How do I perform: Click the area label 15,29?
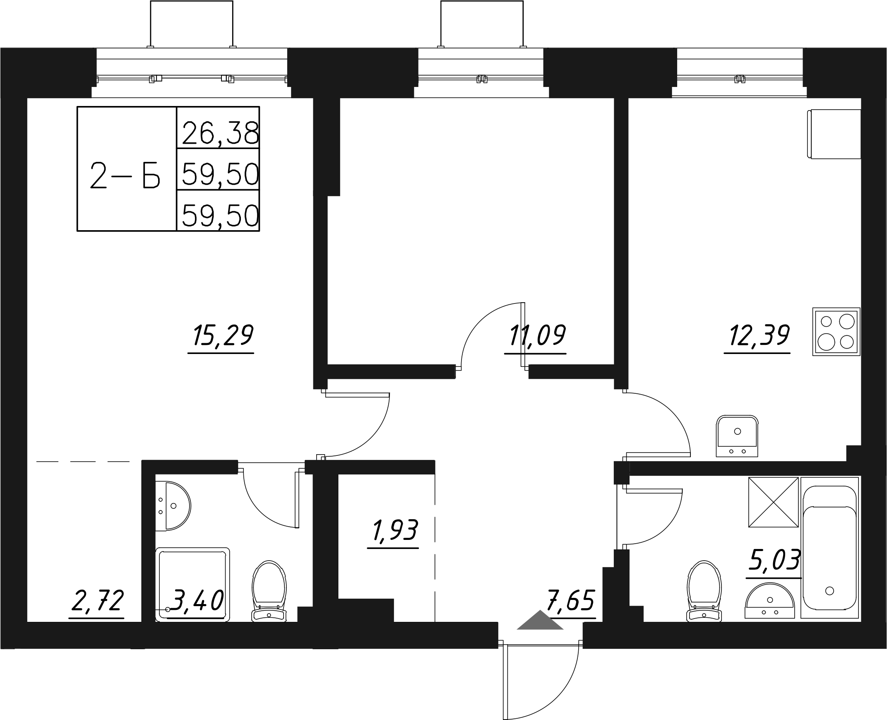point(222,336)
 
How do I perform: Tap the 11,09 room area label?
point(536,336)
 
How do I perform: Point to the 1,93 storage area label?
point(395,531)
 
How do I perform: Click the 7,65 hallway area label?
point(571,602)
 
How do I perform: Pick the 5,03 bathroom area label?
point(774,560)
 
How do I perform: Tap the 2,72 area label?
point(97,602)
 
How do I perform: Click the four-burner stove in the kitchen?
point(836,332)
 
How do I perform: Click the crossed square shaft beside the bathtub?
point(773,502)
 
